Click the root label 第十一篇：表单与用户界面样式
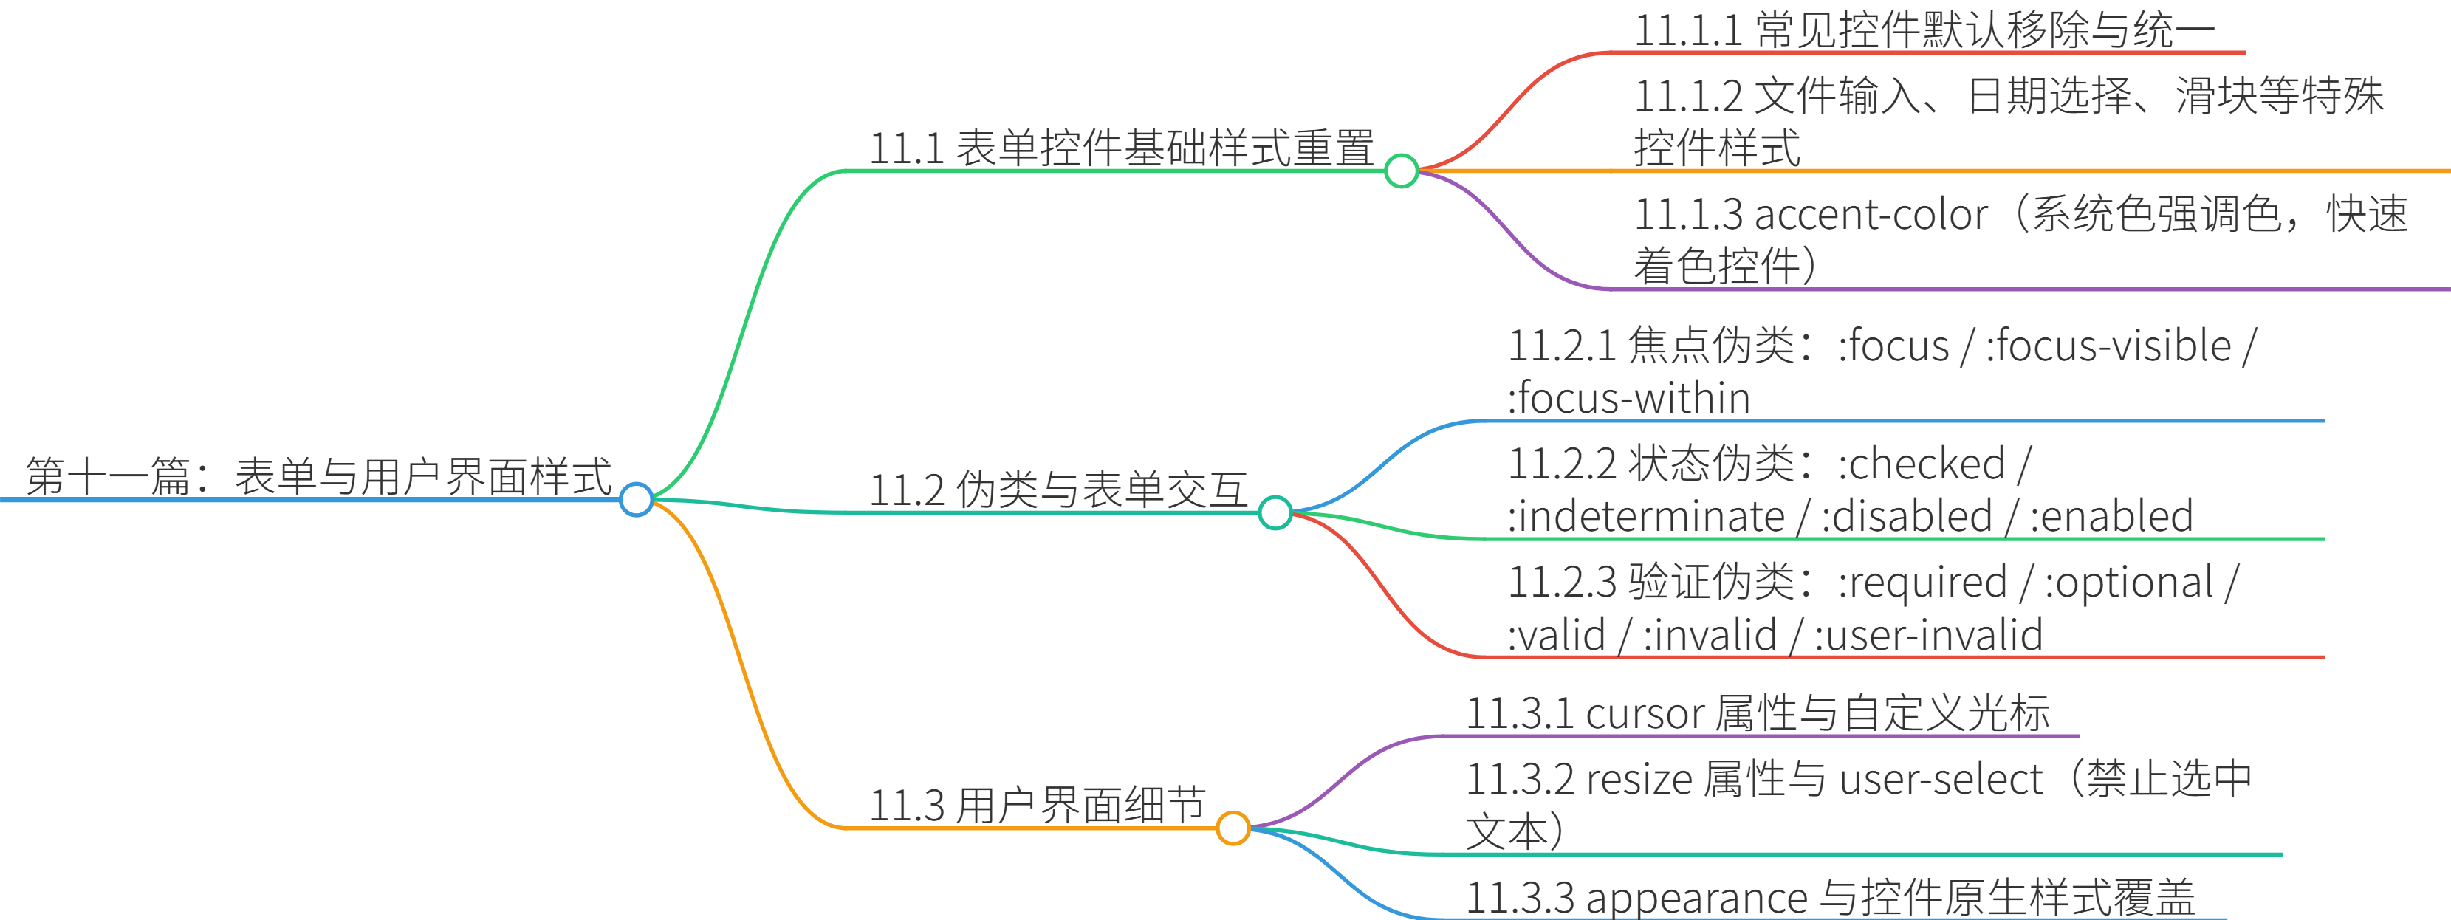[319, 476]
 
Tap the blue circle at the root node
[636, 498]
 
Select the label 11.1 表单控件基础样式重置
[1122, 148]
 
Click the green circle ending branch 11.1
[1401, 171]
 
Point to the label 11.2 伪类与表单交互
[1058, 490]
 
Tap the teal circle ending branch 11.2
[1274, 513]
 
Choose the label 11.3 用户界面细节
[1037, 805]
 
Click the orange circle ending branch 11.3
[1233, 828]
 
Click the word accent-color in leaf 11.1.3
[1871, 215]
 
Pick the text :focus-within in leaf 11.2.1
[1629, 399]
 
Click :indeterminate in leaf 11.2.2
[1646, 518]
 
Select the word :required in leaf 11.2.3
[1922, 583]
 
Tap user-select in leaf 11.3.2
[1941, 779]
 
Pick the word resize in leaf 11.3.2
[1639, 779]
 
